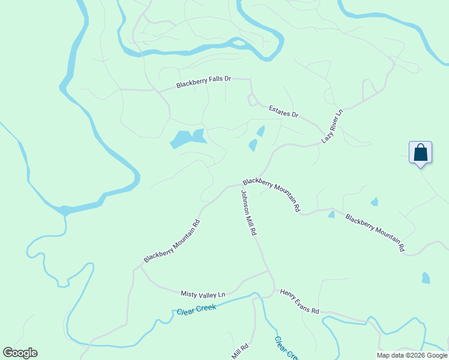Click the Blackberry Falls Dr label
[203, 83]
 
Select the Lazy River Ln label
[332, 126]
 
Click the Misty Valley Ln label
[203, 294]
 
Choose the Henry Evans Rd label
[300, 301]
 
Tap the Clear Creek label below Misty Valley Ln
[196, 311]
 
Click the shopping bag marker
[420, 152]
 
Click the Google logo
[20, 353]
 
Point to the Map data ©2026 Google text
[412, 355]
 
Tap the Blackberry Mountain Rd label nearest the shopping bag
[375, 232]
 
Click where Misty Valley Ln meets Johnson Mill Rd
[268, 271]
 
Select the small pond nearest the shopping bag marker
[375, 202]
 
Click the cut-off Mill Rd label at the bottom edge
[240, 352]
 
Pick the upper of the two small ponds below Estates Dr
[261, 130]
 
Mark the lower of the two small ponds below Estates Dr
[253, 145]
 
